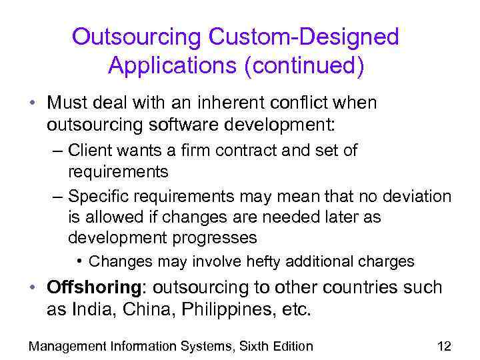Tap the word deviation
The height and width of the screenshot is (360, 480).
tap(414, 197)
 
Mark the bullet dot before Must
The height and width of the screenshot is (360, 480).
tap(31, 104)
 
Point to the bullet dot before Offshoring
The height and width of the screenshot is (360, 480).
tap(31, 289)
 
